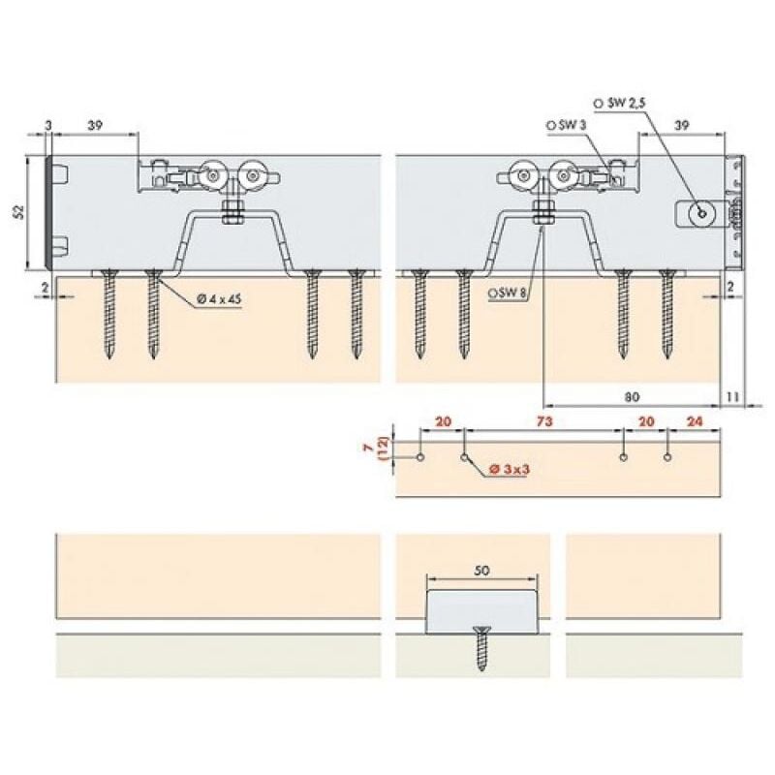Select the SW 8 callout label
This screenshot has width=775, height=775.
pos(509,292)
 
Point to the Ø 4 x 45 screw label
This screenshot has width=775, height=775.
pos(218,299)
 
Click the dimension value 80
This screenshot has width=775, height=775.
pos(632,396)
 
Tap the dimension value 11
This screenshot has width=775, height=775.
pos(732,396)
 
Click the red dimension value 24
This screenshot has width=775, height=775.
pos(694,423)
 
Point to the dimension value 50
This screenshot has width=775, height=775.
pos(481,572)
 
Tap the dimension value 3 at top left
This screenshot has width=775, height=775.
pos(48,126)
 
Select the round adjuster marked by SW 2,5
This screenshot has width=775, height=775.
pos(698,213)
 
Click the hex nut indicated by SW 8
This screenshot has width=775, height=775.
pos(542,213)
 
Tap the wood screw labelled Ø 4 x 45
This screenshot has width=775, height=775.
pos(152,315)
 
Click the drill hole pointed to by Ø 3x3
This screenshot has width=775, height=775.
pos(464,456)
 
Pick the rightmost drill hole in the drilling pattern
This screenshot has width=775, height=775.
pos(667,456)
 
